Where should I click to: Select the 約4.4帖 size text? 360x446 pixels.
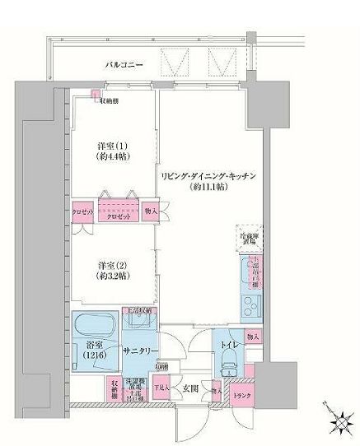pos(114,156)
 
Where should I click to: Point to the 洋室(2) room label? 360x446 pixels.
pos(113,264)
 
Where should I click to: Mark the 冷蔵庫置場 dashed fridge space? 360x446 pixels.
pos(249,238)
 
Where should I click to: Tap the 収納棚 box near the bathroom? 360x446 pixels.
pos(114,388)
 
